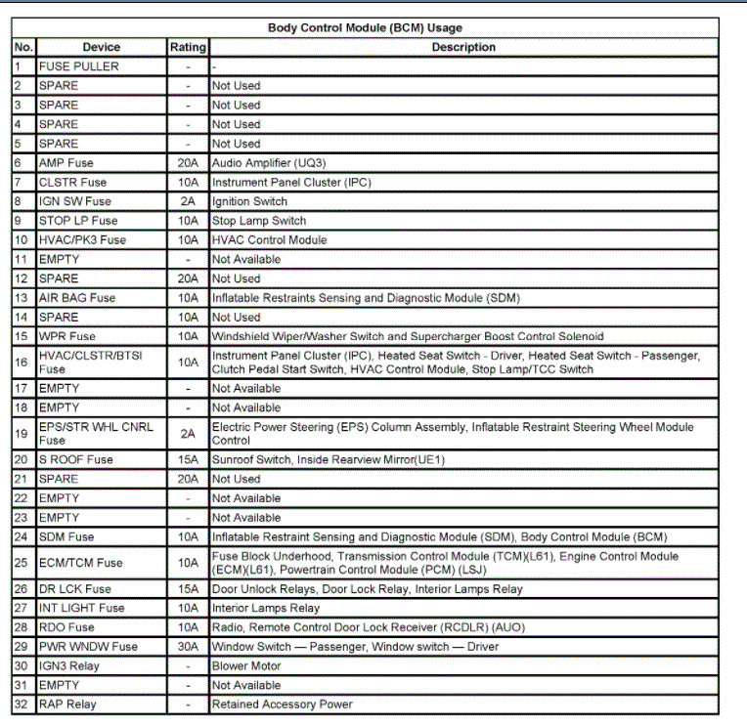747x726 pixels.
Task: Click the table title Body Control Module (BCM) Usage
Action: click(365, 28)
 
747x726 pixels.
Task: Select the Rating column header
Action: click(188, 47)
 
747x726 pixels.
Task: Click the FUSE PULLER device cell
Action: click(79, 66)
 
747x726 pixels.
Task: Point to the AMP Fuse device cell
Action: click(66, 163)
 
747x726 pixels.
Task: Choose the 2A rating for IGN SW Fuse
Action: click(188, 201)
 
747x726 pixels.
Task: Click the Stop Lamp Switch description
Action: click(259, 221)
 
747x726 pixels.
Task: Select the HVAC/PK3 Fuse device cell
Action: click(82, 240)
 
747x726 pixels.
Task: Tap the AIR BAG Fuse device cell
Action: click(77, 298)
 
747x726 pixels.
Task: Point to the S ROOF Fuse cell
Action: click(76, 459)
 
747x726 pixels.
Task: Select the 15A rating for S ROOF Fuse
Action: click(188, 459)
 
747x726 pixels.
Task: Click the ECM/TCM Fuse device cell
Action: click(81, 563)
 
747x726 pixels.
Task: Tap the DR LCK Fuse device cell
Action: click(75, 589)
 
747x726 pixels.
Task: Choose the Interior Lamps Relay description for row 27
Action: click(266, 608)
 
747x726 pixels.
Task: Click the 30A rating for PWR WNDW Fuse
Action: click(188, 647)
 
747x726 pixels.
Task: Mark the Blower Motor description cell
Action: click(246, 666)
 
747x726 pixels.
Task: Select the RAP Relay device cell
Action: click(67, 705)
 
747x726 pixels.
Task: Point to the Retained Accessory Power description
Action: click(283, 705)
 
